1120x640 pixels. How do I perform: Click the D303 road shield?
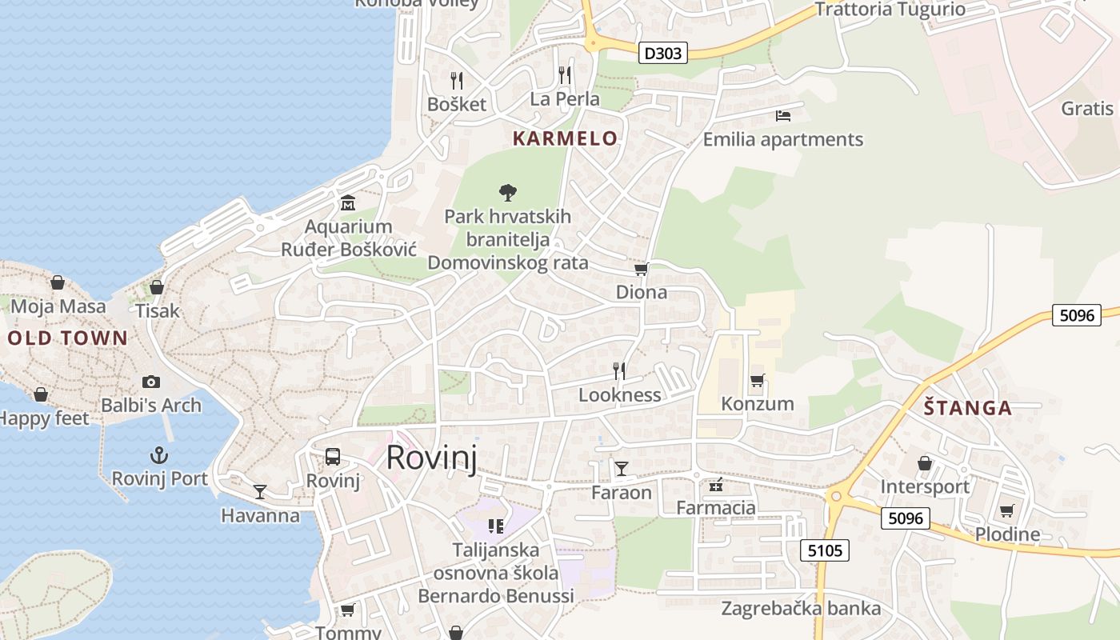coord(664,54)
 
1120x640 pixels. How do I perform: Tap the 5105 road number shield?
coord(825,550)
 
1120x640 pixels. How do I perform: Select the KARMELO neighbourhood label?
coord(565,138)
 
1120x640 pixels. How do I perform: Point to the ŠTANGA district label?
coord(968,408)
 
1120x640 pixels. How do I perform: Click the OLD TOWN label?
coord(68,338)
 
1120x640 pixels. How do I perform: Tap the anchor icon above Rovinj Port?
coord(160,456)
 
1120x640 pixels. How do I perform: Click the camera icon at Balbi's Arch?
coord(150,382)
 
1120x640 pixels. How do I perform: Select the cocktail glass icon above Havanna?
coord(260,491)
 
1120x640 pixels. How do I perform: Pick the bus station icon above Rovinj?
coord(333,457)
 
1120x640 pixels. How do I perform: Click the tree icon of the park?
coord(507,192)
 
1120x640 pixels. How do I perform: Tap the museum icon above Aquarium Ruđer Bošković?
coord(348,203)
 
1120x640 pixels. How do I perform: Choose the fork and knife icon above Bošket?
coord(457,80)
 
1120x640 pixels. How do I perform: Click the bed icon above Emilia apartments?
coord(783,116)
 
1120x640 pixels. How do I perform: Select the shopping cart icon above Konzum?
coord(757,380)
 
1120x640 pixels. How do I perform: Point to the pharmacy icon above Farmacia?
coord(716,484)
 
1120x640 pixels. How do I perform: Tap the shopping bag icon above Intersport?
coord(925,463)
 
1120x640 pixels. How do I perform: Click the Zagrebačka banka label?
coord(801,608)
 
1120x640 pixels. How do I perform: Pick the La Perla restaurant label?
coord(565,99)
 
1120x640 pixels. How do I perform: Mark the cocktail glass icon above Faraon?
coord(622,468)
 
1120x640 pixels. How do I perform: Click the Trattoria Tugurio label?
coord(890,10)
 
